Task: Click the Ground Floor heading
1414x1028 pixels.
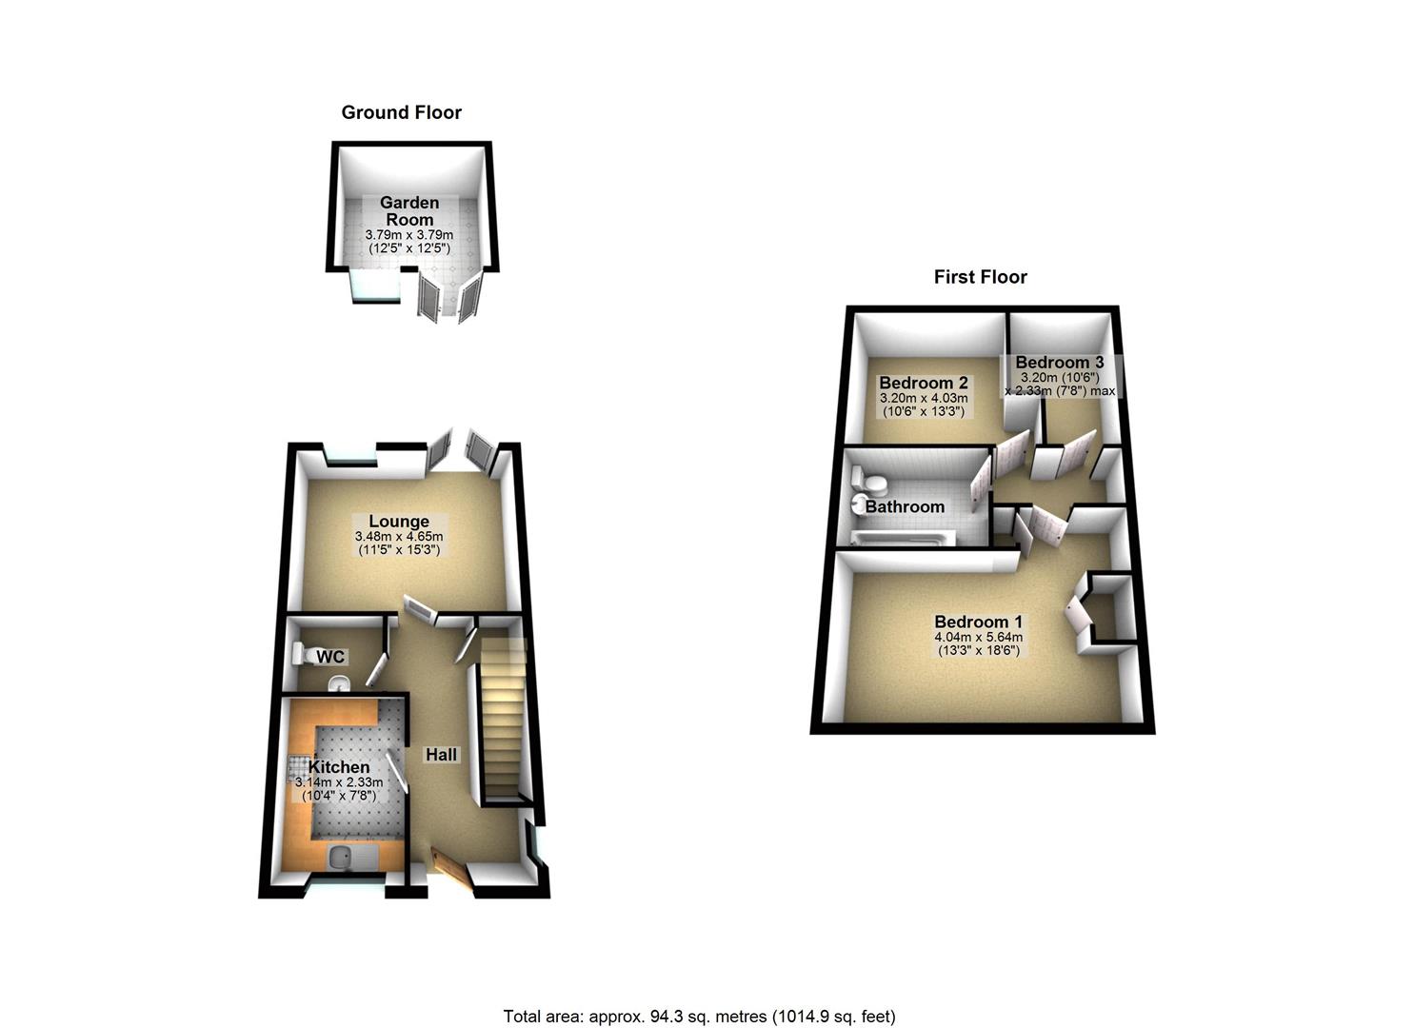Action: [x=401, y=112]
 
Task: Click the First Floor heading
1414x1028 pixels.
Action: [x=980, y=277]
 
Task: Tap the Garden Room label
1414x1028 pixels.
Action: [x=408, y=210]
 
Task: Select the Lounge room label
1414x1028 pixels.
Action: [x=399, y=521]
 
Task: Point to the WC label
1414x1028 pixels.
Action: [x=330, y=657]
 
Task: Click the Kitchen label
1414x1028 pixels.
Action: [x=338, y=767]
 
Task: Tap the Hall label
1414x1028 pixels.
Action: [x=441, y=755]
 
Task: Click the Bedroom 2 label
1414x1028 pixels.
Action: [x=923, y=383]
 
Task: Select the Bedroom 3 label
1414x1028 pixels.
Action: [x=1059, y=363]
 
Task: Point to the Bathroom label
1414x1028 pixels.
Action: [x=905, y=506]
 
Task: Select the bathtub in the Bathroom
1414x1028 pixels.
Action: [x=900, y=539]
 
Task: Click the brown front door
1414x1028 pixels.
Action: [x=451, y=868]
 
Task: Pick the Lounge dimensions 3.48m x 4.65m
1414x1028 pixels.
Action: [x=398, y=537]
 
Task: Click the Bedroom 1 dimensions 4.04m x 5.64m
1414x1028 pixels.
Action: [x=978, y=638]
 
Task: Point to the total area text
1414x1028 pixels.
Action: [x=699, y=1017]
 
